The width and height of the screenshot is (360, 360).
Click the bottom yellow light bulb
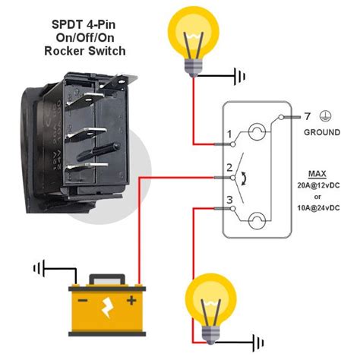tap(210, 302)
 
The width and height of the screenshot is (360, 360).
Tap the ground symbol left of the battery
tap(36, 267)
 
